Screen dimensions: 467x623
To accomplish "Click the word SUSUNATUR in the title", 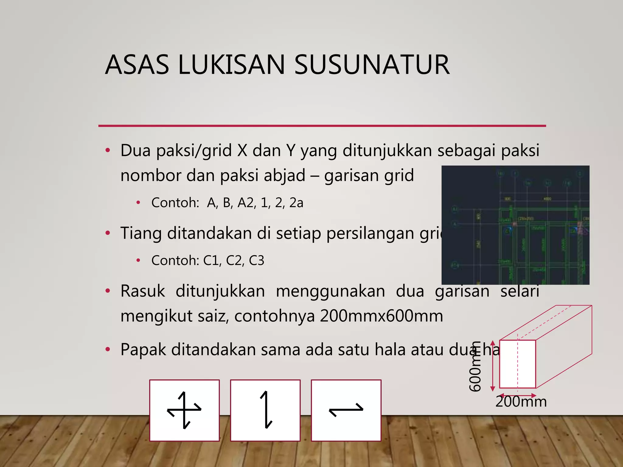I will pos(372,64).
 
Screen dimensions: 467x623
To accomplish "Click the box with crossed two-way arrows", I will pos(184,410).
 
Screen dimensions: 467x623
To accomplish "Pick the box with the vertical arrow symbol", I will pos(265,410).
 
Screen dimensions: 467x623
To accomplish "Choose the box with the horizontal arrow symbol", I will pos(346,410).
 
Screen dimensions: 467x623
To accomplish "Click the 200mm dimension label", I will pos(521,402).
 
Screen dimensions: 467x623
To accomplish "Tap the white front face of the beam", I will pos(517,364).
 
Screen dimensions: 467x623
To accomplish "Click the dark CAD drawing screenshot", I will pos(515,225).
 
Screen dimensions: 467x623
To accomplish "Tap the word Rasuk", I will pos(143,291).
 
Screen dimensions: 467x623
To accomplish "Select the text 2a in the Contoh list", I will pos(296,203).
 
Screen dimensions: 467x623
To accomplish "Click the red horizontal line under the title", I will pos(322,126).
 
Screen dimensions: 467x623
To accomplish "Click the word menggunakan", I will pos(330,291).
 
